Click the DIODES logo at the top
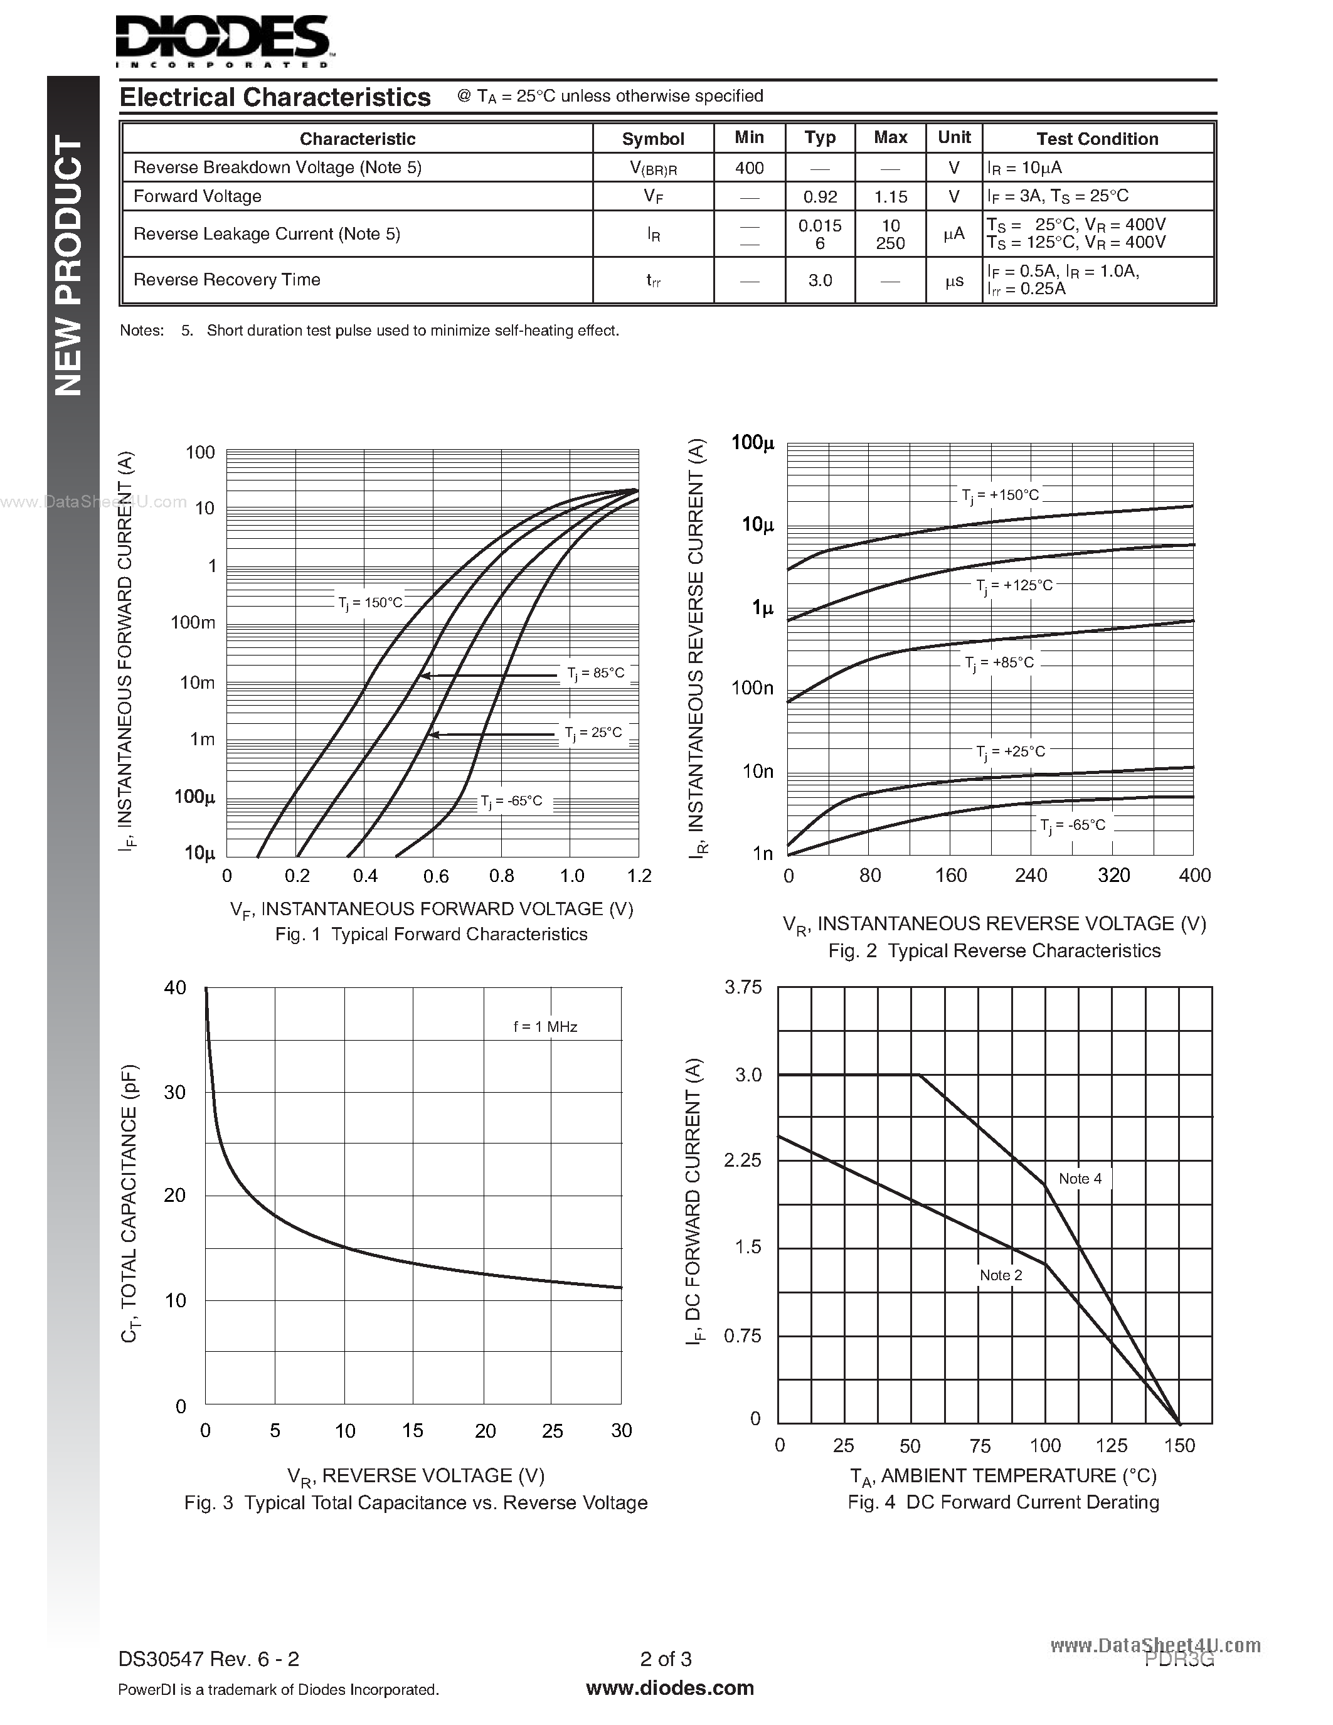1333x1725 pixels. pos(223,40)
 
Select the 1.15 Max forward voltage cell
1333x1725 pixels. pos(890,197)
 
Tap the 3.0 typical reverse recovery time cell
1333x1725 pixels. pos(820,280)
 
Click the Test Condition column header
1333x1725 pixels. pos(1097,139)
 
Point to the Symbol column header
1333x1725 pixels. pos(652,139)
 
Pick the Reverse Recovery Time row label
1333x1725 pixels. pos(226,280)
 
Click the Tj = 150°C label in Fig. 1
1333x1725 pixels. pos(370,603)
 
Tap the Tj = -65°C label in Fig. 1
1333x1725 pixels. pos(512,802)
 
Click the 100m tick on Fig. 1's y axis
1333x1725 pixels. pos(193,622)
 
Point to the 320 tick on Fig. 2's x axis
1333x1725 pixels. pos(1113,875)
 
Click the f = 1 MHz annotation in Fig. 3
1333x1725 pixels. pos(545,1027)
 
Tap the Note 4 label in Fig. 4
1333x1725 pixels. pos(1080,1179)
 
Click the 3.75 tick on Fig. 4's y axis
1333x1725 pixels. pos(743,987)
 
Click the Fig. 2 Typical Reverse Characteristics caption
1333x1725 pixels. pos(994,951)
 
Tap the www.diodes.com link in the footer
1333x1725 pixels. pos(670,1688)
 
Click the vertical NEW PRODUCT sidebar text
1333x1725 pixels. pos(69,265)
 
